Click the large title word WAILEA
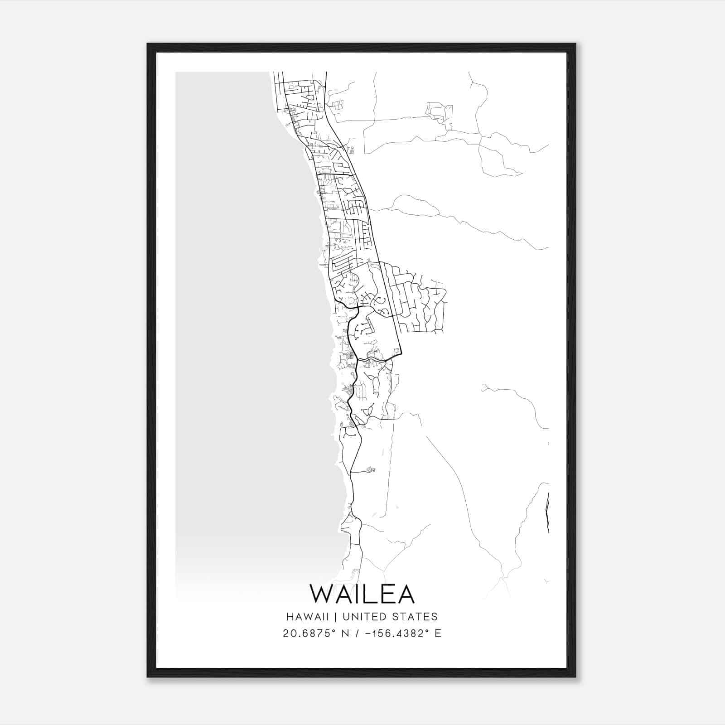[362, 594]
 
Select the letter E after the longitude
[438, 633]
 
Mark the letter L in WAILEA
[375, 594]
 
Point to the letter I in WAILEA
[362, 594]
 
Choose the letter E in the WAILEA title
[390, 594]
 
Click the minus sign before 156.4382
[367, 633]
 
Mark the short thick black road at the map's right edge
[547, 512]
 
